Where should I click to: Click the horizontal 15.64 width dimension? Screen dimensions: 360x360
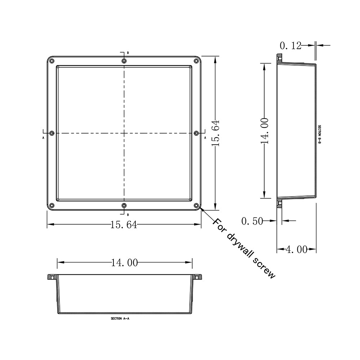(x=123, y=225)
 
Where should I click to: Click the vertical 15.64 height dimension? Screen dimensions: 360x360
(x=215, y=132)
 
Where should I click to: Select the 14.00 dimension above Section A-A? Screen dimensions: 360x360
(x=124, y=263)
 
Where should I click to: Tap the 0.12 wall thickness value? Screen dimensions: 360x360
(x=291, y=46)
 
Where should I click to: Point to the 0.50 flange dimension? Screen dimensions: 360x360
(x=252, y=221)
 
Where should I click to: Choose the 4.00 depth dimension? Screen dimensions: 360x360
(x=296, y=249)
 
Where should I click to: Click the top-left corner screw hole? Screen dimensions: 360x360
(x=51, y=60)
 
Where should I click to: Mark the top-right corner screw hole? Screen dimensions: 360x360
(x=196, y=60)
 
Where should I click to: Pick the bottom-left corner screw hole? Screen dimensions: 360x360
(x=51, y=206)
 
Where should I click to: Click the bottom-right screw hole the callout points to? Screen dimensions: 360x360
(x=196, y=206)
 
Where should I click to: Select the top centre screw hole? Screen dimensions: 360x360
(x=124, y=61)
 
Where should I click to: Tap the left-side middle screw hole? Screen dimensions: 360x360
(x=52, y=133)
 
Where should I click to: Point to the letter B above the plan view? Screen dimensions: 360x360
(x=128, y=53)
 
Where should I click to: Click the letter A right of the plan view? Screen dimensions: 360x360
(x=205, y=138)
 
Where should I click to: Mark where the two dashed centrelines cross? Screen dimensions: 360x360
(x=124, y=133)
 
